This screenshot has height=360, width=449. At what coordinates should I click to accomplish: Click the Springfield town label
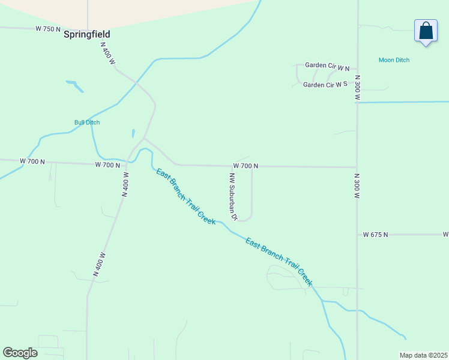87,35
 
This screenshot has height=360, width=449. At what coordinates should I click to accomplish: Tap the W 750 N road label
48,29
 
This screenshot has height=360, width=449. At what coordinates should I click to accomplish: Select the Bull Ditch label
87,122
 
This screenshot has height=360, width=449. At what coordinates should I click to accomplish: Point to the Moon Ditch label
394,60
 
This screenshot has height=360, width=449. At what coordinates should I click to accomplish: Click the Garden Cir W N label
327,65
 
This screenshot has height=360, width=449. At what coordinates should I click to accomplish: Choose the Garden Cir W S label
325,85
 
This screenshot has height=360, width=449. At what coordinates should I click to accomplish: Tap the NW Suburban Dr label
233,196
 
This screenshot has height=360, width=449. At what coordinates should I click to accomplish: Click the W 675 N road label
376,235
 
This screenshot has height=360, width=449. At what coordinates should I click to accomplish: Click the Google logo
20,353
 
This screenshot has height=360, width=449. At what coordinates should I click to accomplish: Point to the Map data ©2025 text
423,355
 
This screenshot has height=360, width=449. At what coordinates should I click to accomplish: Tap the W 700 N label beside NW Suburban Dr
246,166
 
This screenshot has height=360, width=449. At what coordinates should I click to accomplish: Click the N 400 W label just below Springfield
108,53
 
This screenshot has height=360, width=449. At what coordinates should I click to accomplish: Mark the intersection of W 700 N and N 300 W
357,167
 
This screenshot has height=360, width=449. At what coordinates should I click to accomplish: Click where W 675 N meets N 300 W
358,235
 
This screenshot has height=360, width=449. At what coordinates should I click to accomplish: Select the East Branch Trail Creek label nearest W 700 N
185,197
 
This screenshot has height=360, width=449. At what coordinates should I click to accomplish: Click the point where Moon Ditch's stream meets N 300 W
357,103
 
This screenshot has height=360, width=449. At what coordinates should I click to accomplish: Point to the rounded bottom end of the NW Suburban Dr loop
245,220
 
